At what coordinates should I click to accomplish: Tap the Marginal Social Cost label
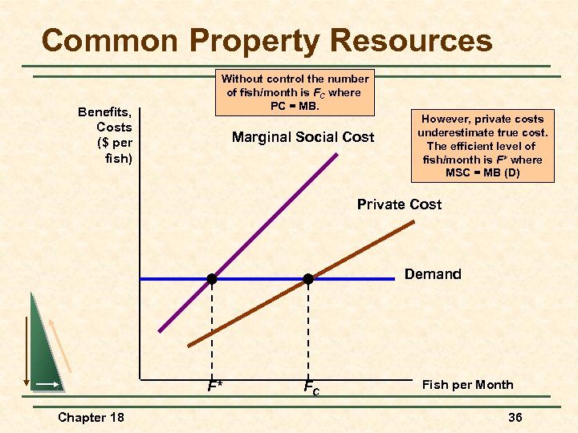coord(303,137)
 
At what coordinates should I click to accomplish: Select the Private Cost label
coord(399,204)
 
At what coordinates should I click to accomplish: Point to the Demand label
coord(433,274)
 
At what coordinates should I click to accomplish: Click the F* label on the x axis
coord(214,386)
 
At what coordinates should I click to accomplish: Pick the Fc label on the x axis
coord(311,387)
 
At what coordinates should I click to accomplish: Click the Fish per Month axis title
coord(467,385)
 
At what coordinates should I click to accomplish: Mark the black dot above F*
coord(212,279)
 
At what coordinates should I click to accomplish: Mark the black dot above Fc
coord(307,279)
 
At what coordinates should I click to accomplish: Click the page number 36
coord(515,417)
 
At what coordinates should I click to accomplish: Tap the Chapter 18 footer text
coord(92,417)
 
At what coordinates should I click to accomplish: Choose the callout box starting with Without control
coord(295,92)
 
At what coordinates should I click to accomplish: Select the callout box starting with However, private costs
coord(482,146)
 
